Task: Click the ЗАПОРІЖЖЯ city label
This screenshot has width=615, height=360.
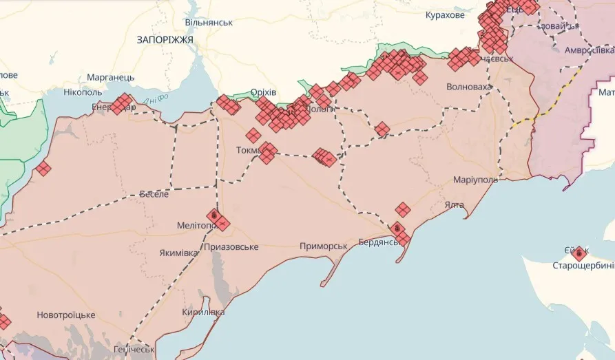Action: [165, 40]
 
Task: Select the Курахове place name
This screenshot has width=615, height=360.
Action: [445, 15]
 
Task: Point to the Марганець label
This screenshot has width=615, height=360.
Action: [110, 78]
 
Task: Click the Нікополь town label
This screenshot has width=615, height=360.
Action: [83, 92]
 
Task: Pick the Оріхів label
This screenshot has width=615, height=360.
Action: [263, 92]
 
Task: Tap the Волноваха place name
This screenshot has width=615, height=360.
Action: [469, 87]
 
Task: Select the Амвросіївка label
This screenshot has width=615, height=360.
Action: [589, 50]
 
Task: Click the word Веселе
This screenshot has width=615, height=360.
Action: [154, 194]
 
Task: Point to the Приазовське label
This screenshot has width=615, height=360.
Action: [231, 246]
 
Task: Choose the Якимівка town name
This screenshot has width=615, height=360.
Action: [178, 253]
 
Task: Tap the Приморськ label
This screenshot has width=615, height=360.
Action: [323, 246]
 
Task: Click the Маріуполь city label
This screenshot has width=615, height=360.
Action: [475, 180]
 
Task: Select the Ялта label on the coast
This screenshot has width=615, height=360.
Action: [455, 204]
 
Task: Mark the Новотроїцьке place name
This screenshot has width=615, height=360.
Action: [66, 315]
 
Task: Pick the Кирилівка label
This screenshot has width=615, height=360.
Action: [203, 312]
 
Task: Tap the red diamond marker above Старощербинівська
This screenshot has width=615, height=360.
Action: [578, 253]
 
